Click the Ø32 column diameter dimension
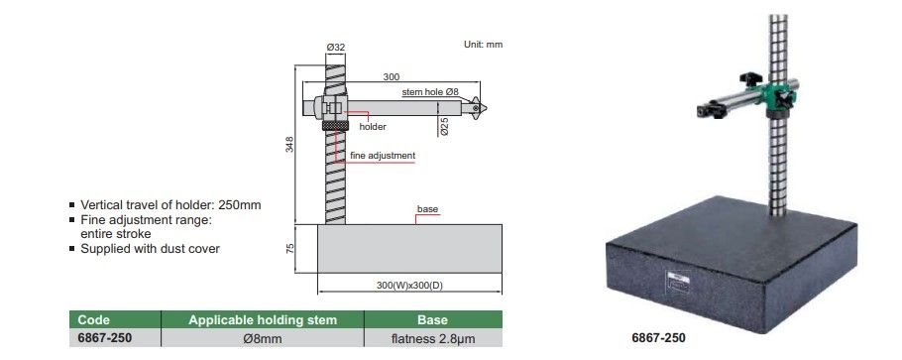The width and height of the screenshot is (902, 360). coord(335,48)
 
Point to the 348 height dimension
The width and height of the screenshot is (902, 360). coord(289,144)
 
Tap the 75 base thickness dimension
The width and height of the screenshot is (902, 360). coord(289,248)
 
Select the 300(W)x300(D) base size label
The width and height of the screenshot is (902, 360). coord(409,285)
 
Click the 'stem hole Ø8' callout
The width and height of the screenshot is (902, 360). coord(430,92)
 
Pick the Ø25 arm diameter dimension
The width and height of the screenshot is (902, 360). coord(444,126)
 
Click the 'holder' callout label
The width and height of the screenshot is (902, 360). coord(373,127)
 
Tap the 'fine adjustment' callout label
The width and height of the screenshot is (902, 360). coord(383,156)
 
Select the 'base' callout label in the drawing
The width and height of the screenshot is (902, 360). coord(427,209)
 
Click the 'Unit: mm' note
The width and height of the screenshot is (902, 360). coord(484,45)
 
